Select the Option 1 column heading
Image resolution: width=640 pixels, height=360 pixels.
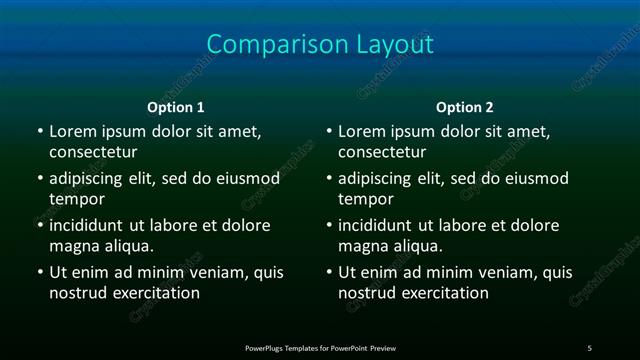(x=176, y=107)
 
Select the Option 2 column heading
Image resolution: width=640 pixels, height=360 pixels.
(x=465, y=107)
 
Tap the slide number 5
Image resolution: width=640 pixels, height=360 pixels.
(x=589, y=348)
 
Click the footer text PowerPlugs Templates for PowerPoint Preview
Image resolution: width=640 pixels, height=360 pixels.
(x=320, y=348)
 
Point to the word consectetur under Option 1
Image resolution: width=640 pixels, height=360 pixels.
(x=93, y=152)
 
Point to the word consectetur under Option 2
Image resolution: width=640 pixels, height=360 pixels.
(x=382, y=152)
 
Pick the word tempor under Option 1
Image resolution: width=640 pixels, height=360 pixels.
(x=77, y=199)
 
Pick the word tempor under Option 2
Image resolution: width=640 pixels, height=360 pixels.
(x=366, y=199)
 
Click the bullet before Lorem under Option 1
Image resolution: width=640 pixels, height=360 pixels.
(x=40, y=132)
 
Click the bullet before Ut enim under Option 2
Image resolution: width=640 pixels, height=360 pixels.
(x=329, y=273)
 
